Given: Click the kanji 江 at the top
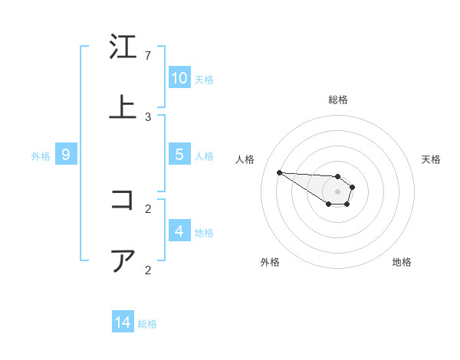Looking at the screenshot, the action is coord(123,47).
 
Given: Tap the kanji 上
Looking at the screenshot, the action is coord(123,107).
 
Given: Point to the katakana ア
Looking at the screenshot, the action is coord(123,260).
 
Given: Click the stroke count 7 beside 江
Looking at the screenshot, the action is coord(148,56).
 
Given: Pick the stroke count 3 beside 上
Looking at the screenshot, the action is coord(148,117).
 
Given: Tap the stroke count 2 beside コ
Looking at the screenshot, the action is coord(148,208).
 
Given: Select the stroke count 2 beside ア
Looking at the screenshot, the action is coord(148,270).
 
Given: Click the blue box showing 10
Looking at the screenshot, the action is coord(179,78).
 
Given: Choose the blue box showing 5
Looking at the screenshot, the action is coord(179,155).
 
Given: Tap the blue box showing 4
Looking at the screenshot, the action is coord(179,231).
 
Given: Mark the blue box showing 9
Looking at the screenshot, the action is coord(66,155).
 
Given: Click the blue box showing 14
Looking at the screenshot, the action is coord(123,322).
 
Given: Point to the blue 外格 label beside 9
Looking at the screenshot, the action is coord(41,156).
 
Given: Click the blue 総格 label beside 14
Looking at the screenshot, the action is coord(147,324).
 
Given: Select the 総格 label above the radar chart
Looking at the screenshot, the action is coord(337,100).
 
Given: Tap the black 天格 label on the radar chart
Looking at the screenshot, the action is coord(431,159).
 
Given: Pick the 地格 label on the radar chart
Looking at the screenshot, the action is coord(402,262).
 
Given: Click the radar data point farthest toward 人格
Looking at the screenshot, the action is coord(279,172).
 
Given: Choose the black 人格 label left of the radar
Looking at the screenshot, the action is coord(245,159).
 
